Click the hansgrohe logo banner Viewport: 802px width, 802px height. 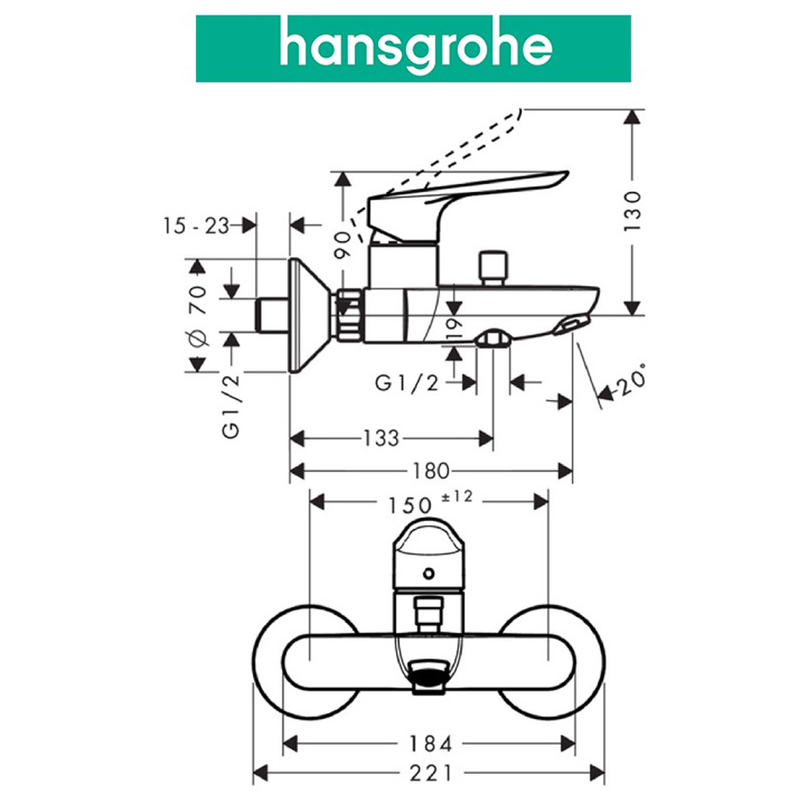click(x=413, y=48)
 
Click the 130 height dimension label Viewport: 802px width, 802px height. click(x=634, y=211)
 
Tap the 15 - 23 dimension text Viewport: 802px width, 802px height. click(x=195, y=225)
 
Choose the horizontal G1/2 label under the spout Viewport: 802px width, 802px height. click(x=407, y=383)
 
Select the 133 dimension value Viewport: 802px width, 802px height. click(x=380, y=438)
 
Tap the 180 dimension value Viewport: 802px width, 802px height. click(x=431, y=470)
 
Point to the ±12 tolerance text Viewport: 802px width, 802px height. click(x=456, y=497)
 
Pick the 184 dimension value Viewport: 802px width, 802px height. click(x=430, y=743)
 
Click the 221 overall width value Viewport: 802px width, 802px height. click(x=430, y=773)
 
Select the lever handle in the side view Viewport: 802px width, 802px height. click(x=465, y=192)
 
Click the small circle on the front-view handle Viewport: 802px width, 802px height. click(x=430, y=573)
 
